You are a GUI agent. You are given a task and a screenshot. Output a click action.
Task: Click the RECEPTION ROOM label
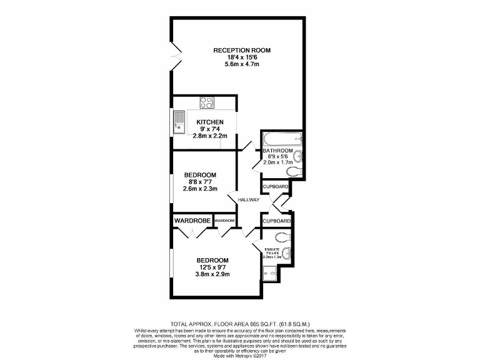(242, 50)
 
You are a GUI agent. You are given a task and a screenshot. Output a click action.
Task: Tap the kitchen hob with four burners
(207, 102)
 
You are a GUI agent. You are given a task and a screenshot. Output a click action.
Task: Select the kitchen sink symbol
(179, 122)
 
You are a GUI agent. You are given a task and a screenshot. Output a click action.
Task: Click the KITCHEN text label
(209, 122)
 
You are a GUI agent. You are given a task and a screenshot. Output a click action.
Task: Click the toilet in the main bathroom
(293, 171)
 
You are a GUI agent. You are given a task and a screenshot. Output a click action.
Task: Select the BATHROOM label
(277, 151)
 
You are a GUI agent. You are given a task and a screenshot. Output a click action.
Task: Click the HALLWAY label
(247, 199)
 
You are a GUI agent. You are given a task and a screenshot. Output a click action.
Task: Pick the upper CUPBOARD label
(275, 187)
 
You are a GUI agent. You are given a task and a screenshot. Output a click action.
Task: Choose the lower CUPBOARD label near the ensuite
(276, 221)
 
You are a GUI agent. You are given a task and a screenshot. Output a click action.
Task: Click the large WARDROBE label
(192, 221)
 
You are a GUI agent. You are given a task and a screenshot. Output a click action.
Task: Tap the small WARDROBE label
(224, 221)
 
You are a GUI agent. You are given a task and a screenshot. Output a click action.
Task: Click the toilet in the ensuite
(282, 237)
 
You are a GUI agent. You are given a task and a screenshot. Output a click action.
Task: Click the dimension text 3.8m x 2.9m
(212, 274)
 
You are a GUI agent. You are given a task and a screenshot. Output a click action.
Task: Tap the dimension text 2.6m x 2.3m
(199, 188)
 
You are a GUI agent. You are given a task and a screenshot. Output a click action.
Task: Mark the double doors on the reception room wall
(176, 57)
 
